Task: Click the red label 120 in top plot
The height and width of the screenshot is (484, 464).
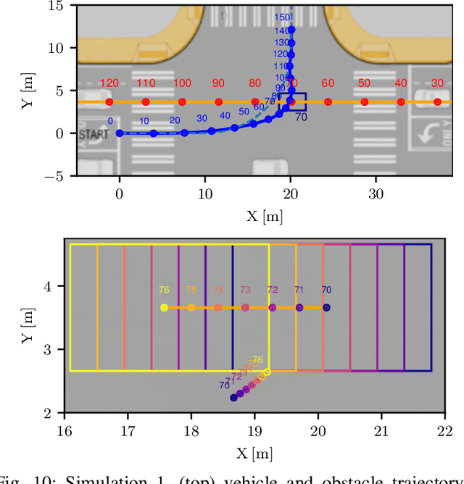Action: coord(109,83)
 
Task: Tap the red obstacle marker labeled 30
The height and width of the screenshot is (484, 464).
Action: coord(437,102)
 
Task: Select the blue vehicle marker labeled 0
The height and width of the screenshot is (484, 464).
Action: coord(120,133)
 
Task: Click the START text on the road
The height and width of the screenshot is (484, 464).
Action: coord(94,135)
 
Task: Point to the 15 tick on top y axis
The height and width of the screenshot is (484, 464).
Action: coord(54,6)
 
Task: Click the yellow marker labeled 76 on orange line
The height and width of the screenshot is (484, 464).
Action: coord(164,308)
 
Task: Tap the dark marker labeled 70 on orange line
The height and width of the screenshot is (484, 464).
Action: coord(326,308)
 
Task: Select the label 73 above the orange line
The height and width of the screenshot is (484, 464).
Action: coord(245,290)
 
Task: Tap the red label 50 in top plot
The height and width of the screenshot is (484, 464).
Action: coord(364,83)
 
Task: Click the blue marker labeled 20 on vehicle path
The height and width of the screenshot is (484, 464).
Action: coord(184,133)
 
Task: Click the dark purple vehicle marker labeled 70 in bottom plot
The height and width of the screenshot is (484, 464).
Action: coord(233,397)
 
